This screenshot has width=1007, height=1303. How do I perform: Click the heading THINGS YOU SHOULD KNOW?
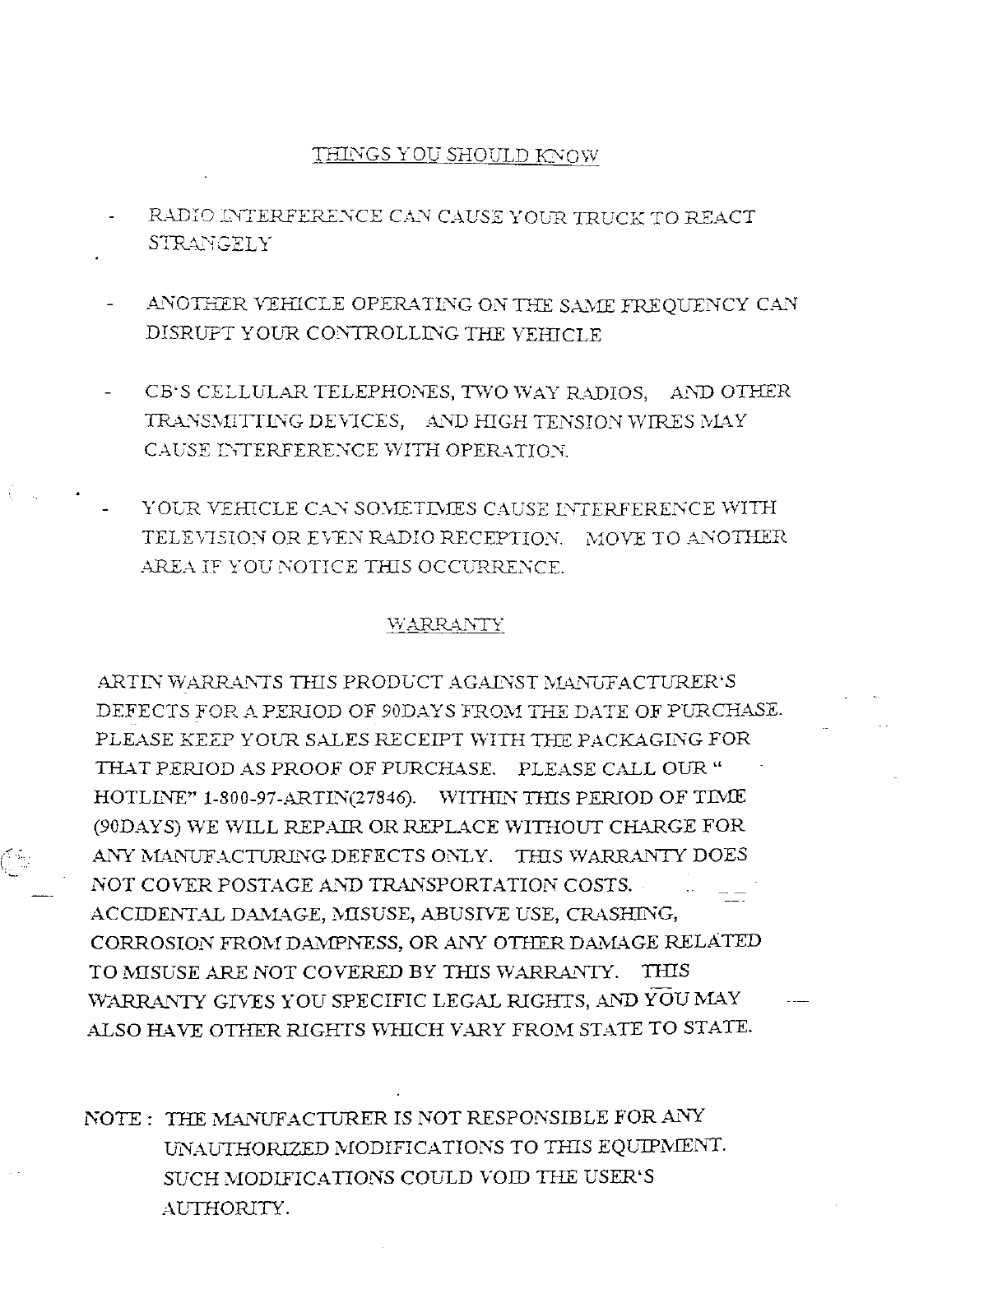[x=455, y=155]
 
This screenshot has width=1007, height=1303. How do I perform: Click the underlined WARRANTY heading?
[x=445, y=625]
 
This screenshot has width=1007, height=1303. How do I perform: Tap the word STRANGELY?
[x=209, y=244]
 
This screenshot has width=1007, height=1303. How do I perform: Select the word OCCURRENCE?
[x=503, y=568]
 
